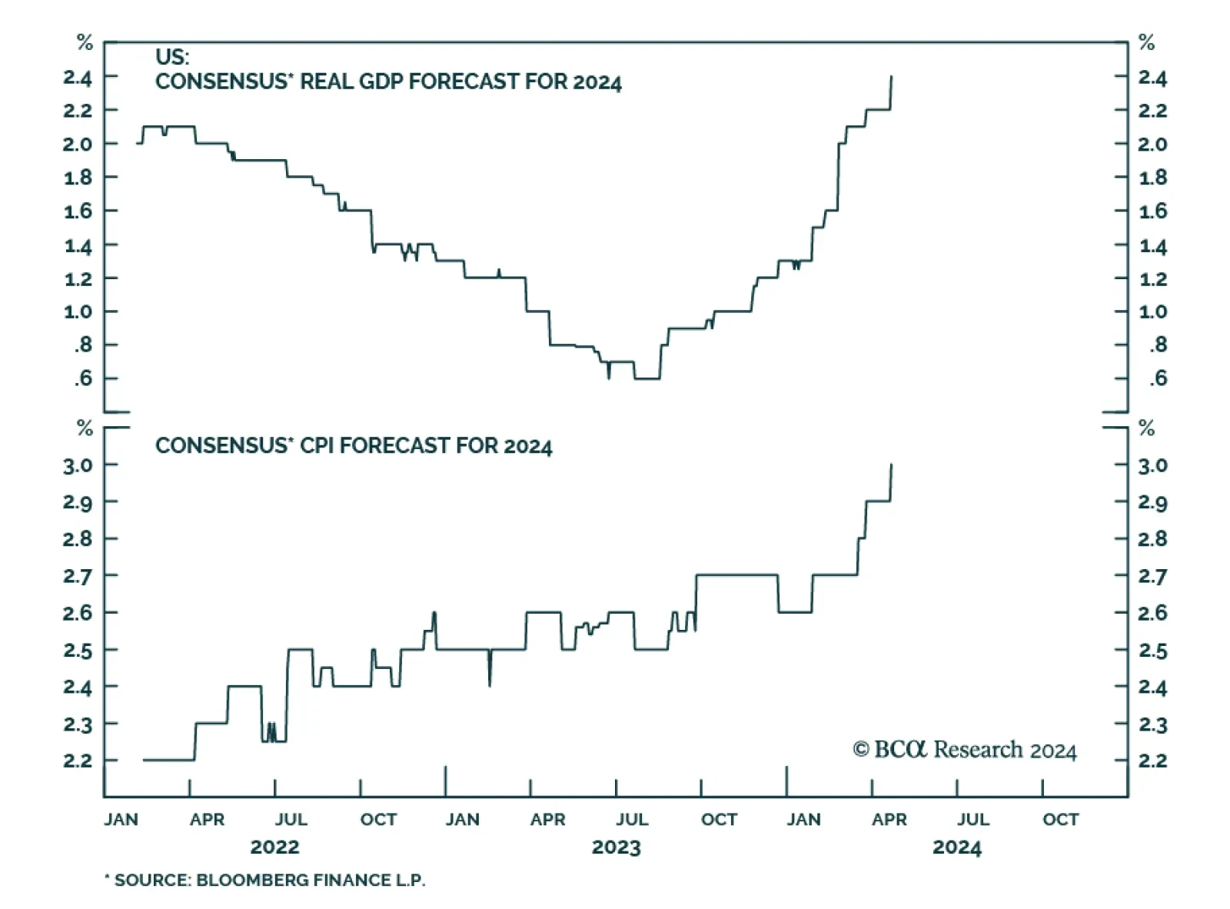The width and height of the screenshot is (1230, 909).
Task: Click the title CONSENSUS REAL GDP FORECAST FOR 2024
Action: (x=388, y=82)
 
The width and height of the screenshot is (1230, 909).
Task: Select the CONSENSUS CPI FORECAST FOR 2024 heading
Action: (x=354, y=446)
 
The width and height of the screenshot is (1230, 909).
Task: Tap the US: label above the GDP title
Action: (x=172, y=57)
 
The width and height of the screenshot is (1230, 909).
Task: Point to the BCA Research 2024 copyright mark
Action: (x=965, y=750)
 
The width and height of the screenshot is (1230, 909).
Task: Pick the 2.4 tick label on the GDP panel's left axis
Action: (x=77, y=78)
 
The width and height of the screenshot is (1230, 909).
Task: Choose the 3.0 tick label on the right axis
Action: (x=1152, y=465)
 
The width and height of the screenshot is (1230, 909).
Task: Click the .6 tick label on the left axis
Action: (x=82, y=378)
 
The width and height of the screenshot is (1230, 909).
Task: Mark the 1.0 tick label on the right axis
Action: (x=1152, y=311)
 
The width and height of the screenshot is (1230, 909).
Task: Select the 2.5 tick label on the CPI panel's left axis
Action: (x=77, y=651)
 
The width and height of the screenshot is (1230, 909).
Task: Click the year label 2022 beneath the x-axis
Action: (x=274, y=847)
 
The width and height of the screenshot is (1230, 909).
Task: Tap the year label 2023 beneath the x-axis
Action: (x=616, y=847)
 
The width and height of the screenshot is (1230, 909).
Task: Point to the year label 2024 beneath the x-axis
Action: (x=957, y=847)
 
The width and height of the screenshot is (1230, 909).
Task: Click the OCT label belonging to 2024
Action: (x=1060, y=820)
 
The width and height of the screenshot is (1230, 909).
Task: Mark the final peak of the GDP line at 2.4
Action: (x=892, y=77)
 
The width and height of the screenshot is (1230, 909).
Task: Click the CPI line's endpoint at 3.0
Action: (x=892, y=464)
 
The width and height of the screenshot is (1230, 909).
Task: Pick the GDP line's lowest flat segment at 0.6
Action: (x=647, y=378)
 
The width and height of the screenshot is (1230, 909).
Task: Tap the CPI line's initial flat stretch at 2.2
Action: (x=169, y=760)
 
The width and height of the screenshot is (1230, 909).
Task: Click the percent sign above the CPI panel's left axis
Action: (x=85, y=428)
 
